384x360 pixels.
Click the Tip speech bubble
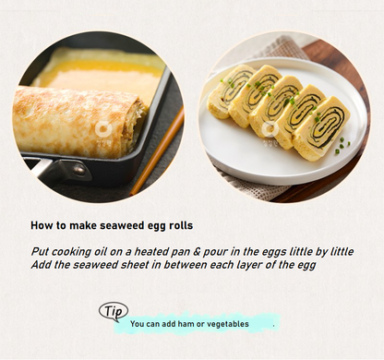pos(114,311)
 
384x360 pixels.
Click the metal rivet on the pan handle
pos(79,169)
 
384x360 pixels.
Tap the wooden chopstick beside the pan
pos(158,150)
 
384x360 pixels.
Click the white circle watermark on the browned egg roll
pos(102,129)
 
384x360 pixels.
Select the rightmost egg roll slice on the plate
pos(322,128)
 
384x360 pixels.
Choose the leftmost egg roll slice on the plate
pos(228,91)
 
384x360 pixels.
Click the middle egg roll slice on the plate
pos(275,103)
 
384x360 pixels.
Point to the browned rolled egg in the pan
pos(77,122)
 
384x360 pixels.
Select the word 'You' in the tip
pos(137,324)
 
